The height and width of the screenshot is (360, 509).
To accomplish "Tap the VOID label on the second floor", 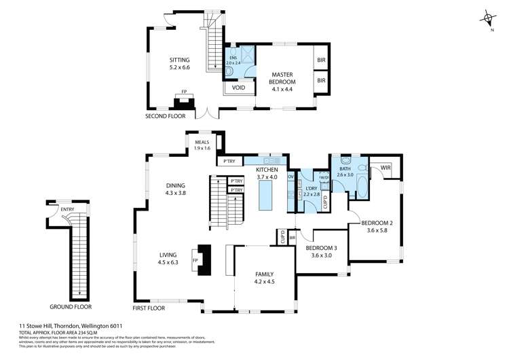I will click(239, 88).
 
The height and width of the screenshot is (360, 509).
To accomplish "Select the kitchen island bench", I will click(266, 199).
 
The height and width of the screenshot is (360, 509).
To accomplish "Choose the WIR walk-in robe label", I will click(385, 167).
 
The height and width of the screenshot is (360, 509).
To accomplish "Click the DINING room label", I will click(176, 187).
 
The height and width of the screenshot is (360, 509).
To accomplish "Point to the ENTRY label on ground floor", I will click(68, 209).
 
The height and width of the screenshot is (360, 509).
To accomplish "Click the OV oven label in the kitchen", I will click(290, 177).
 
